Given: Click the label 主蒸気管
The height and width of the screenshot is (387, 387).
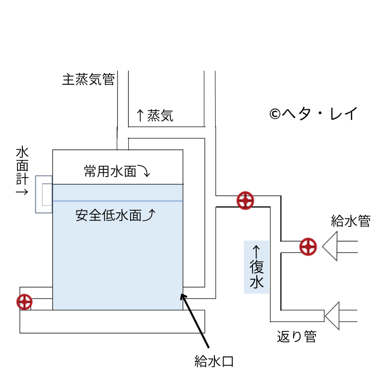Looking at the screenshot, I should click(88, 79).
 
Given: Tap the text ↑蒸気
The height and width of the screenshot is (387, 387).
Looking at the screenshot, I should click(154, 115).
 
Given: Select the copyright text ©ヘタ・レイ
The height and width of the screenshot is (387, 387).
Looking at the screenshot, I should click(313, 114).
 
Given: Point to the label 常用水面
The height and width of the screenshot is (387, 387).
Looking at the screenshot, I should click(110, 171).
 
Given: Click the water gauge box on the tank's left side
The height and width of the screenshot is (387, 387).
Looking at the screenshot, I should click(44, 194).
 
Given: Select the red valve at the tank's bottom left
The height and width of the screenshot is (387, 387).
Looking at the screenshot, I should click(24, 302).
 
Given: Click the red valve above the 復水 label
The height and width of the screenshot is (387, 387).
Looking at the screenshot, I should click(246, 201).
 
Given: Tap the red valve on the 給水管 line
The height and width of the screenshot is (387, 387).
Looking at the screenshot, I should click(308, 246).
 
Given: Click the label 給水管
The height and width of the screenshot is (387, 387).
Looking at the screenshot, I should click(351, 222).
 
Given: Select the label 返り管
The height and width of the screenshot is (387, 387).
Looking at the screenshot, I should click(297, 337).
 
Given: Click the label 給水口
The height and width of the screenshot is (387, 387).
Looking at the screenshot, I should click(214, 360).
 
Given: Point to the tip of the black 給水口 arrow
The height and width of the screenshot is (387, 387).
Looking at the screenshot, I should click(182, 293).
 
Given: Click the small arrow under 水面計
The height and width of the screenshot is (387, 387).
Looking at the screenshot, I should click(21, 192).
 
